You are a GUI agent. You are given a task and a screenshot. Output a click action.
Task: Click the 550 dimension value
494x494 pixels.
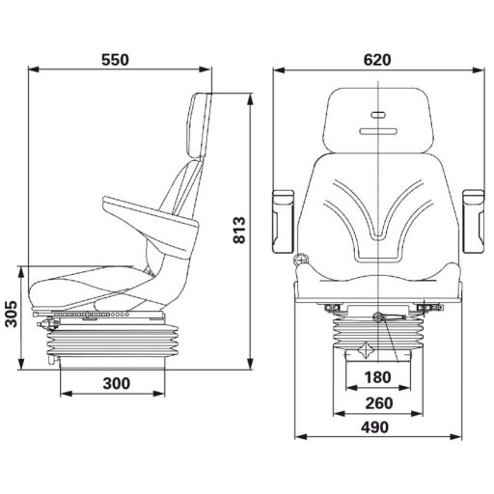coord(115,59)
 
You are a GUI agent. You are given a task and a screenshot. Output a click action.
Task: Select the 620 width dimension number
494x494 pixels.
coord(377,59)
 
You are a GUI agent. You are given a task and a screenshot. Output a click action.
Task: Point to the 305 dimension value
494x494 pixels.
coord(11,315)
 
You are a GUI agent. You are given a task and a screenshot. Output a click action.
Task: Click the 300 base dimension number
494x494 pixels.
coord(115,384)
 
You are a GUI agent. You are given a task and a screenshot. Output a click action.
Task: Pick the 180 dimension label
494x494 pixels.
coord(377,376)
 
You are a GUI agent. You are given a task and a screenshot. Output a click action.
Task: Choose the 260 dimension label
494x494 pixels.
coord(377,402)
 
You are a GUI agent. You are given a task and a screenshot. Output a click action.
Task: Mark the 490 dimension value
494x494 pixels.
coord(377,427)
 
